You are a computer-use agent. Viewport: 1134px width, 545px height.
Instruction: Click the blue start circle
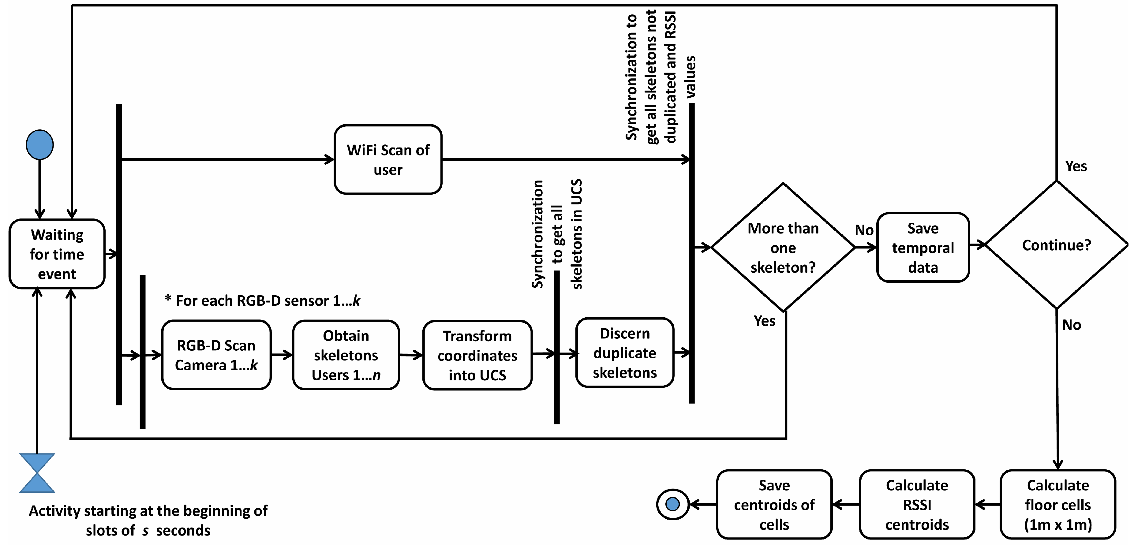pos(39,144)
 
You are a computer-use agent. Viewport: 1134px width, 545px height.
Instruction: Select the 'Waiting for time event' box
pos(57,254)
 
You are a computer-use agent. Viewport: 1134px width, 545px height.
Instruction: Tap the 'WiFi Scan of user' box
pos(388,159)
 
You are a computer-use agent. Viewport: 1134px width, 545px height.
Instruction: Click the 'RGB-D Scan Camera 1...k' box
pos(216,355)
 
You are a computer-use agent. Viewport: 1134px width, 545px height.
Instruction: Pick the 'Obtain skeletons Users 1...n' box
pos(346,355)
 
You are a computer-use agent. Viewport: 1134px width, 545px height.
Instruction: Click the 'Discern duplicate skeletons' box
pos(625,353)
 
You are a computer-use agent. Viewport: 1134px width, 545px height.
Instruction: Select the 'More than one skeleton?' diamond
pos(783,247)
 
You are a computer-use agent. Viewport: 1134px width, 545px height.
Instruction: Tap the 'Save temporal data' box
pos(923,247)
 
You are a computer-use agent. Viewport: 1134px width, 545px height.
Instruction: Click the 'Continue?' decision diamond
pos(1057,245)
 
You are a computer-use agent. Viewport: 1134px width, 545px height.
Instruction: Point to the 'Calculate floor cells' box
pos(1058,505)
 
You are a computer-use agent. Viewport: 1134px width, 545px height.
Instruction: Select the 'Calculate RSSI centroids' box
pos(917,505)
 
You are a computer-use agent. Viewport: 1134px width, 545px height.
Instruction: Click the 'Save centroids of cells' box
pos(774,505)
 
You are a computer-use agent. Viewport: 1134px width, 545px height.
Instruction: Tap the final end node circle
pos(673,504)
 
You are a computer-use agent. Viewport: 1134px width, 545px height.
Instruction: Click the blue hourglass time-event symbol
pos(37,473)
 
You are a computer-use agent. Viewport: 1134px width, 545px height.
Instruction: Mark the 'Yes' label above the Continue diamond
pos(1076,166)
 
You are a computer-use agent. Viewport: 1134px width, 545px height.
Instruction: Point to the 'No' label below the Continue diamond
pos(1072,325)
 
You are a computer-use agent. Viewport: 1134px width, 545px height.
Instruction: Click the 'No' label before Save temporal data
pos(864,230)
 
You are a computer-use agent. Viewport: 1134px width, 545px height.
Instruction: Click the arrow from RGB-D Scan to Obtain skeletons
pos(282,354)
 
